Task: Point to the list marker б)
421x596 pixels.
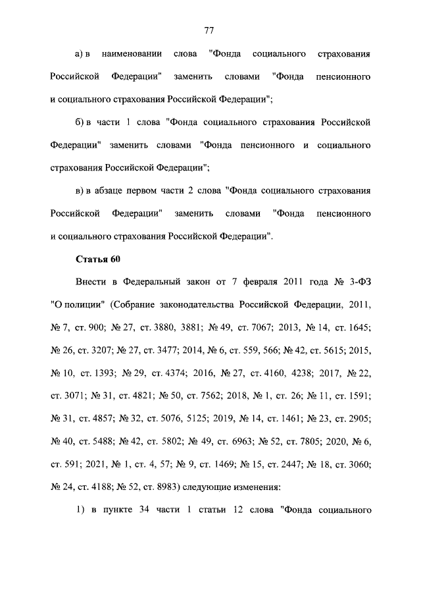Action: [81, 122]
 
